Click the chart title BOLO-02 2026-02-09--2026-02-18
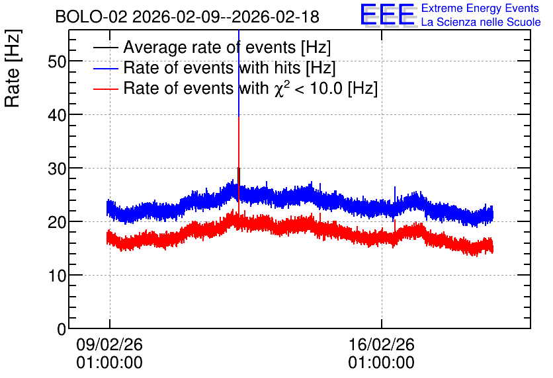(187, 17)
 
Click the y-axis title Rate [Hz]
(12, 68)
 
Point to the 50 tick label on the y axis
(57, 62)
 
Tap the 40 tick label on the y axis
(57, 115)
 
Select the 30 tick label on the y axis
(57, 169)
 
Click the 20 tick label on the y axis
(57, 222)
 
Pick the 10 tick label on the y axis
(57, 276)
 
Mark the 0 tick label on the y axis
(62, 329)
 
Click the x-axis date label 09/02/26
(109, 344)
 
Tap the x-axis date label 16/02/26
(382, 344)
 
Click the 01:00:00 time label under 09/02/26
(109, 363)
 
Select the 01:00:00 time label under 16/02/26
(382, 363)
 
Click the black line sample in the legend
(105, 48)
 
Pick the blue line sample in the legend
(105, 68)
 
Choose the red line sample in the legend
(105, 89)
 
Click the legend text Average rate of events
(210, 47)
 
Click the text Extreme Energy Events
(480, 8)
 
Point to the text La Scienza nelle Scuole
(481, 22)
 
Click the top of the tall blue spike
(239, 30)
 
